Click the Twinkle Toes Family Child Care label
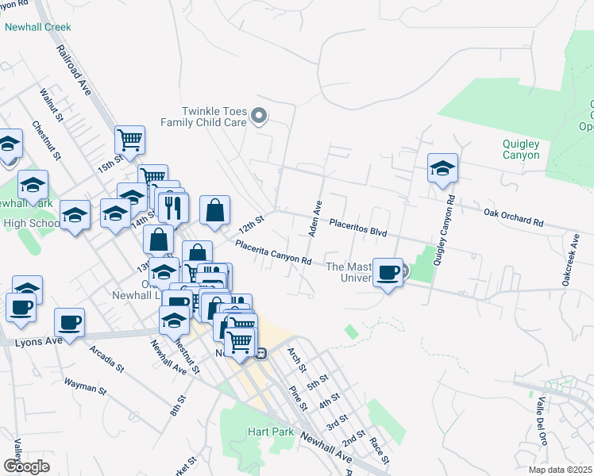(x=205, y=117)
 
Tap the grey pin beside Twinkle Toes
(x=259, y=117)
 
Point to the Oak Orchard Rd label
(x=513, y=217)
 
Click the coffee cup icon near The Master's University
(x=388, y=273)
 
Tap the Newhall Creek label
(x=37, y=27)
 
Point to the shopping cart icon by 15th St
(x=129, y=140)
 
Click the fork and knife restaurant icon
(x=173, y=208)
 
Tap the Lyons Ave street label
(x=38, y=341)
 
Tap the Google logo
(x=26, y=466)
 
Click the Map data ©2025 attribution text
(x=560, y=470)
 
